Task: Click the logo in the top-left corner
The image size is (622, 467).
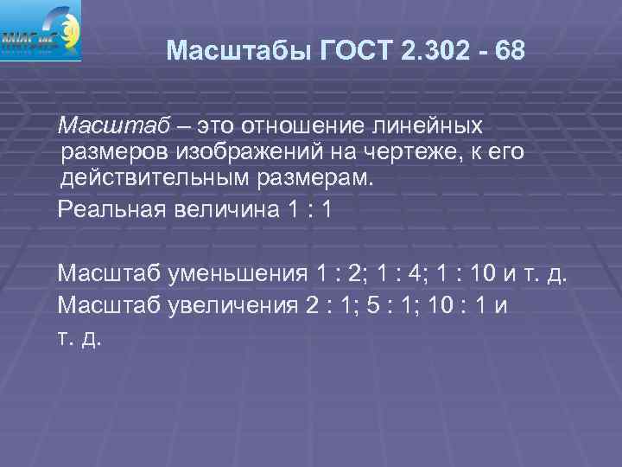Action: tap(41, 30)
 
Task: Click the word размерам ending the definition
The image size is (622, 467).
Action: tap(323, 179)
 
